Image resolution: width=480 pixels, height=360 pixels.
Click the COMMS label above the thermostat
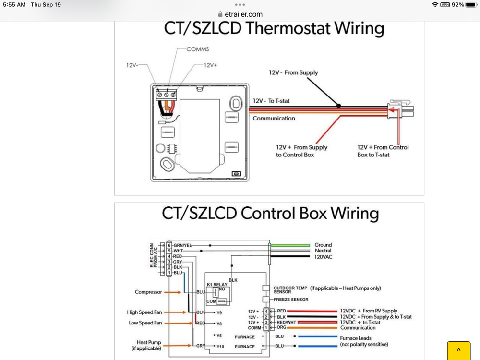coord(198,49)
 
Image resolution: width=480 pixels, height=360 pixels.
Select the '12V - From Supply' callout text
coord(293,72)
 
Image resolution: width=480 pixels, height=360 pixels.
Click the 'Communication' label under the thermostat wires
coord(274,119)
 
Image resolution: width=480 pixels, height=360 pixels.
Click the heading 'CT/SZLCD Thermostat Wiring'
coord(274,28)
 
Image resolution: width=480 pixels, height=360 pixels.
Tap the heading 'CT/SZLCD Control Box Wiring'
coord(270,213)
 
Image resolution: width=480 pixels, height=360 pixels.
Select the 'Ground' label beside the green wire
coord(323,245)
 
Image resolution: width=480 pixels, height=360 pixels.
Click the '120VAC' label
coord(324,257)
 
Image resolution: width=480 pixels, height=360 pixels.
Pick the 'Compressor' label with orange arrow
coord(148,292)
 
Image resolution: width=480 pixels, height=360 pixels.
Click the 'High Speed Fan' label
coord(144,312)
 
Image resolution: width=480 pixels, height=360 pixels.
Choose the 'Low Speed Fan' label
coord(145,323)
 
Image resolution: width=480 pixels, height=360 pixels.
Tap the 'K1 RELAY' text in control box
coord(217,284)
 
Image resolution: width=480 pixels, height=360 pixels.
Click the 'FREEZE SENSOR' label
coord(291,300)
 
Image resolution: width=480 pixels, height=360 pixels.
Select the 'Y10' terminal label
coord(220,347)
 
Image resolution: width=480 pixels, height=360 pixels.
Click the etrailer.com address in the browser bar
coord(243,14)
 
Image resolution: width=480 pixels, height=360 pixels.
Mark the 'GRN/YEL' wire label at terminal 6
coord(182,245)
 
